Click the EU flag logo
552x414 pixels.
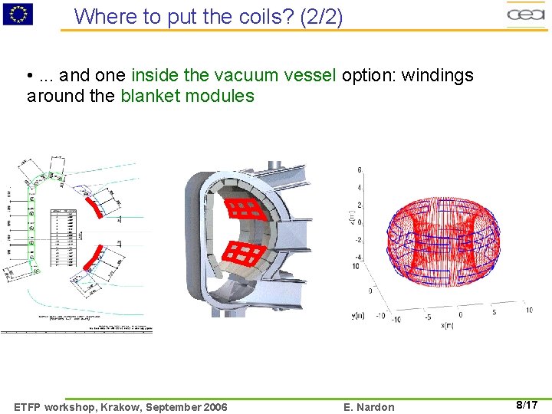click(18, 13)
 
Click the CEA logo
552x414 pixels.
click(526, 14)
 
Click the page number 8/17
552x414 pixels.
click(526, 405)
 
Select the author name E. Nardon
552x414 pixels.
click(370, 407)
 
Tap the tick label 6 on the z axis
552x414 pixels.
click(360, 169)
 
